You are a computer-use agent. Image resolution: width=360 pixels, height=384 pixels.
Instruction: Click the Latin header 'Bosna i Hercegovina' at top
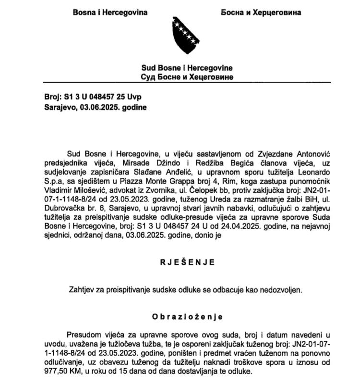coord(110,12)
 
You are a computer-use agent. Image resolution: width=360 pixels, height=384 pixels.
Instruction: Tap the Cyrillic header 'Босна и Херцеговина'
coord(261,12)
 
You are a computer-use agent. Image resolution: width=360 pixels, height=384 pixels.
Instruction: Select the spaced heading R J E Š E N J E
coord(186,262)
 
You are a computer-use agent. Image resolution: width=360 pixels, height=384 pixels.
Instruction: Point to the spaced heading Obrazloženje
coord(186,317)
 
